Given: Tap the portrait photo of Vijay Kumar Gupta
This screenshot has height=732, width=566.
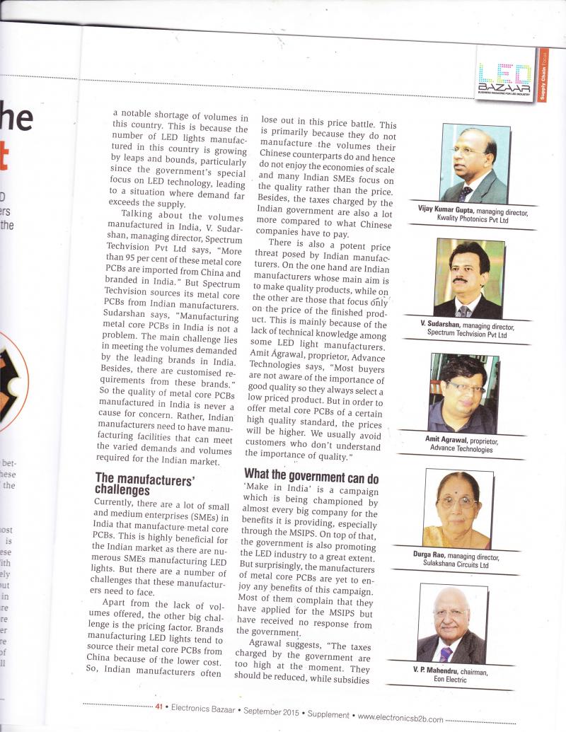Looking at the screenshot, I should coord(474,164).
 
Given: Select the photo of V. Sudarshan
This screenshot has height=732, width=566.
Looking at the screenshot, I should coord(468,278).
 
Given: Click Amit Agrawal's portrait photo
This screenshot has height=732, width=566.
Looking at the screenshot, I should coord(463,393).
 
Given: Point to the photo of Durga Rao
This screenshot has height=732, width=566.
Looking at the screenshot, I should coord(456,508).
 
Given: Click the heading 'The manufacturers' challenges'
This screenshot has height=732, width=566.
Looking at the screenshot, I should coord(145,484).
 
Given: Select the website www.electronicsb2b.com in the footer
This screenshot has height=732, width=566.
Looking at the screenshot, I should coord(401,717).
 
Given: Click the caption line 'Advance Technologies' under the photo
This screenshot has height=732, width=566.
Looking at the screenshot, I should coord(461,449).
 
